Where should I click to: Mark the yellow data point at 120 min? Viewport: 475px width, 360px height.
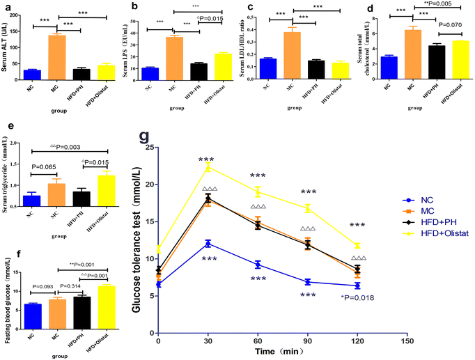click(x=357, y=246)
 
